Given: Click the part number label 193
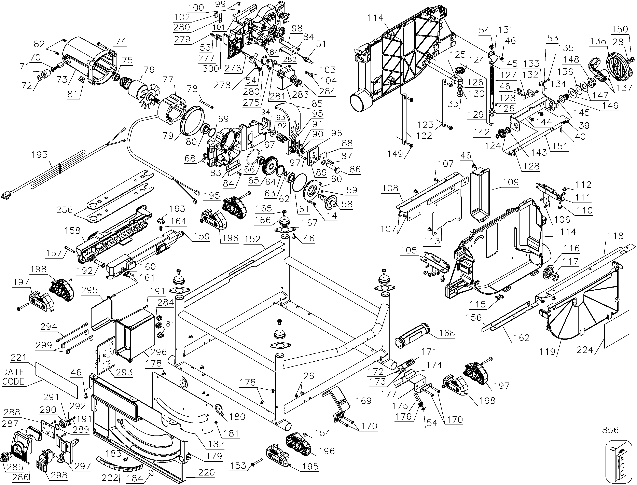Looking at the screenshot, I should tap(40, 155).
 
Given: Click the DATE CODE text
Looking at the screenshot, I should tap(13, 377).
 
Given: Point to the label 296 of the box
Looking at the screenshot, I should tap(159, 352).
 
